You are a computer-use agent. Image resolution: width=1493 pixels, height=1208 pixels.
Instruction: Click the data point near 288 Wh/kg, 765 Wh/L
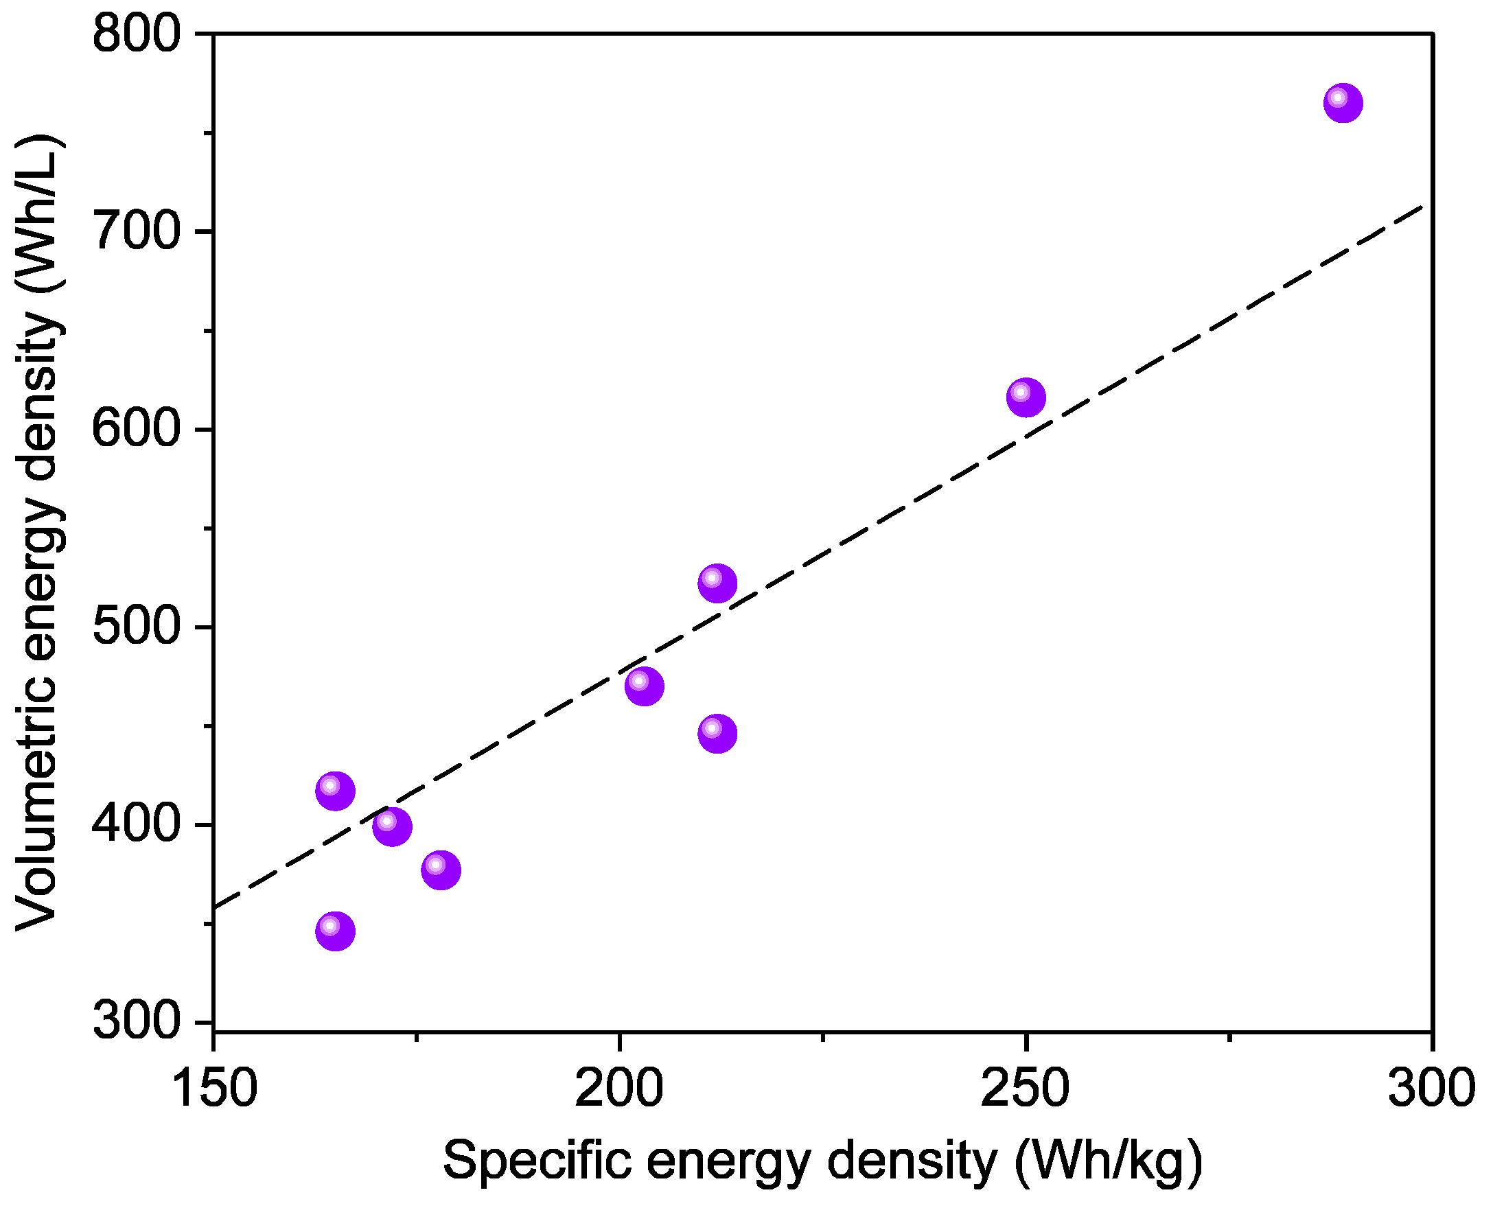1343,103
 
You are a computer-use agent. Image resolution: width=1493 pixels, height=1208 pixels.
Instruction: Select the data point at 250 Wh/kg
1026,397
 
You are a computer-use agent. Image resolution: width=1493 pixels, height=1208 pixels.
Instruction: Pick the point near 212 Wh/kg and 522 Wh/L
717,583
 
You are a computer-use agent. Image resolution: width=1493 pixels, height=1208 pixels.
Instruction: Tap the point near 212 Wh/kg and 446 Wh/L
717,734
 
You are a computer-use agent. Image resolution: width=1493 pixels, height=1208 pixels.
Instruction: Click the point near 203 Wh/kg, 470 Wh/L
644,686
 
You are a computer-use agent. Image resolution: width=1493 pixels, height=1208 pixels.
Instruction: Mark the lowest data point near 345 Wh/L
336,931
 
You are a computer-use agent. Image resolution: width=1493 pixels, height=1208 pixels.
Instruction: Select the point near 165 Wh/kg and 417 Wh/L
336,791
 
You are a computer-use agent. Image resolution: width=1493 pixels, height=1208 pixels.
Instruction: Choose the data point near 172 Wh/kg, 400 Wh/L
392,826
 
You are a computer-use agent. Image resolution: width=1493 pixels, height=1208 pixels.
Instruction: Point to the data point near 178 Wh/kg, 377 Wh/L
441,870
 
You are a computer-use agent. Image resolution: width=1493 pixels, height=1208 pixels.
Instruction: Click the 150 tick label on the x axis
213,1089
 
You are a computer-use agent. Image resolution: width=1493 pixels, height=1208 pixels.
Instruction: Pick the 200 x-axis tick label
618,1089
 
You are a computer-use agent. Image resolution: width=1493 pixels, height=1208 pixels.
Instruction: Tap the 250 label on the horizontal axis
1025,1089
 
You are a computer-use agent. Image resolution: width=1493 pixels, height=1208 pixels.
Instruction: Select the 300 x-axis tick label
1431,1089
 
